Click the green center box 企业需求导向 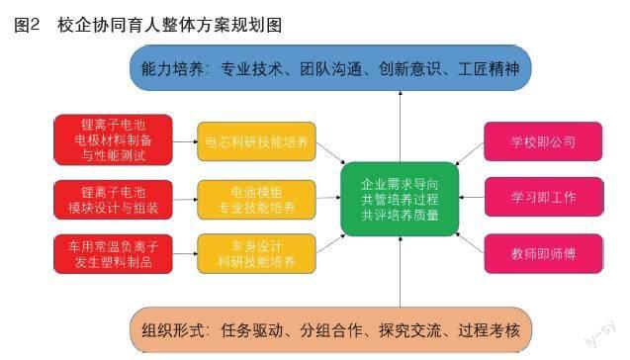[400, 200]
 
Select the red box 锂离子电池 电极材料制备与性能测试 [113, 140]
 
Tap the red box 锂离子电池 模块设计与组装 [113, 200]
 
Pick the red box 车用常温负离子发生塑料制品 [113, 254]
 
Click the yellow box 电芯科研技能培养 [256, 142]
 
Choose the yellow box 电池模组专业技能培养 [256, 200]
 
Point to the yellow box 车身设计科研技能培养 [256, 254]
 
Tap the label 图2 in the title [27, 25]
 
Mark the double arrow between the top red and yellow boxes [184, 141]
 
